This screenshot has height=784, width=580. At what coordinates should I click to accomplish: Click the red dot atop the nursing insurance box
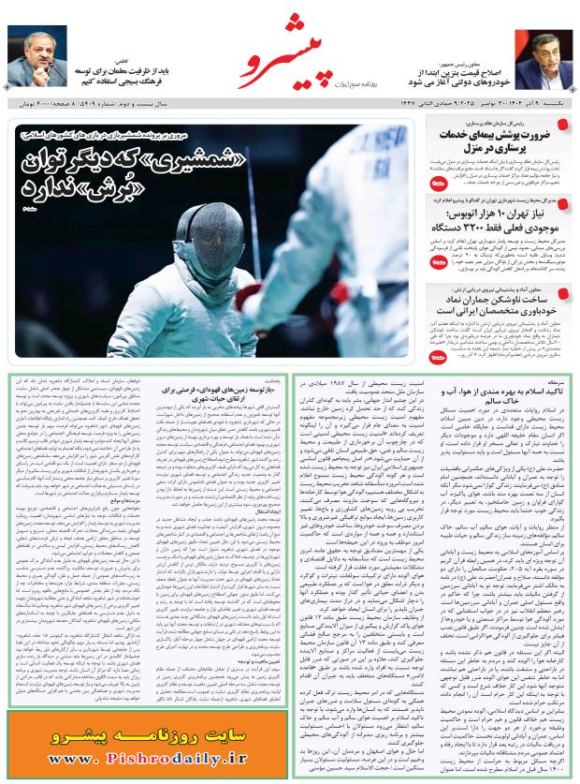pos(561,124)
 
